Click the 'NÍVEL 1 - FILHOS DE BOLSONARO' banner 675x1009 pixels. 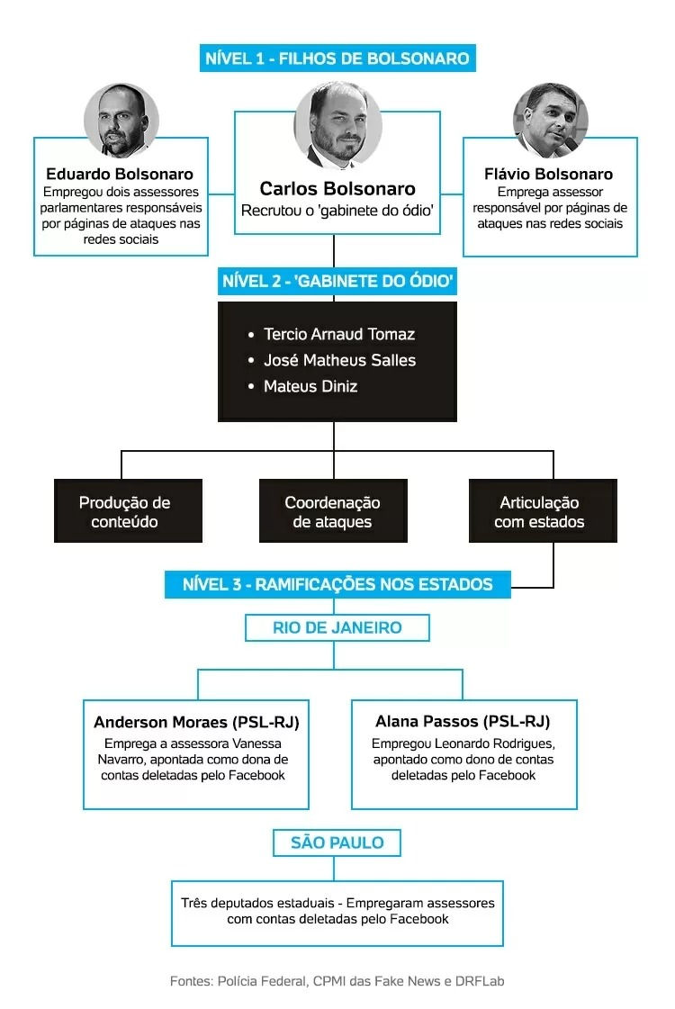pos(337,58)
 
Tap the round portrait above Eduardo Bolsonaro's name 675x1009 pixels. pos(121,121)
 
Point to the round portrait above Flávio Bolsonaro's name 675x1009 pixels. pos(550,121)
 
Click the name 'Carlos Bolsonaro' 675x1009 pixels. pos(337,188)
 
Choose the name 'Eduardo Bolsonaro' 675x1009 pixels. pos(120,174)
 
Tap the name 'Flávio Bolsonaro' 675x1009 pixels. pos(548,174)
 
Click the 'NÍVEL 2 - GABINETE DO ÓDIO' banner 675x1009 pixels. pos(337,281)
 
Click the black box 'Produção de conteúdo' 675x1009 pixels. pos(128,511)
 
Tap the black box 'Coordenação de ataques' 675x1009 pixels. pos(333,511)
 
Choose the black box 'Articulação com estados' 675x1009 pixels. pos(543,511)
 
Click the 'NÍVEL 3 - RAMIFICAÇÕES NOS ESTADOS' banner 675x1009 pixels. pos(337,584)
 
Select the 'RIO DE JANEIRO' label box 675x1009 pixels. pos(337,627)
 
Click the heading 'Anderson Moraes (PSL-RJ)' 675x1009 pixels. pos(196,722)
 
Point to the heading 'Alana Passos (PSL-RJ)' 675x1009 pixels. pos(463,721)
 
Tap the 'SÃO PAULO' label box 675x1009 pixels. pos(337,842)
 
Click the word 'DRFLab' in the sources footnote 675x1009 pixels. pos(480,981)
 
